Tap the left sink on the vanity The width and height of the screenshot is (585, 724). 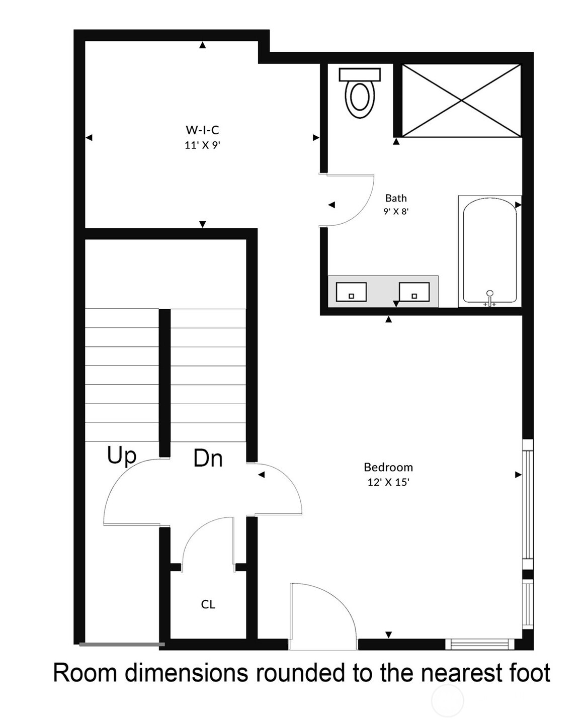351,292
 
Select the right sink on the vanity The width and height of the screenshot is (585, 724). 414,292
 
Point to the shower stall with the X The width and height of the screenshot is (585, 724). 461,100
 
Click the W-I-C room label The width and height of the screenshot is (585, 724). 202,130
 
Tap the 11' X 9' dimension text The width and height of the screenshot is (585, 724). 202,145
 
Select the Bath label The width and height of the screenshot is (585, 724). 396,198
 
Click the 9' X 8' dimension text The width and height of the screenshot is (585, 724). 396,211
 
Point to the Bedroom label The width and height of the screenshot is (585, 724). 388,467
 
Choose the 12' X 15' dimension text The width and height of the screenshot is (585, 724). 388,482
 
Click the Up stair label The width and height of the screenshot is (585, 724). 122,456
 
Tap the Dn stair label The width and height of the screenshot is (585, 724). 208,459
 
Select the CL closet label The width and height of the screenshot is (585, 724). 208,604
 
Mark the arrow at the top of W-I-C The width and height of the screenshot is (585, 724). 202,45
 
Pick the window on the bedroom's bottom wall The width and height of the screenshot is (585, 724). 480,644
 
